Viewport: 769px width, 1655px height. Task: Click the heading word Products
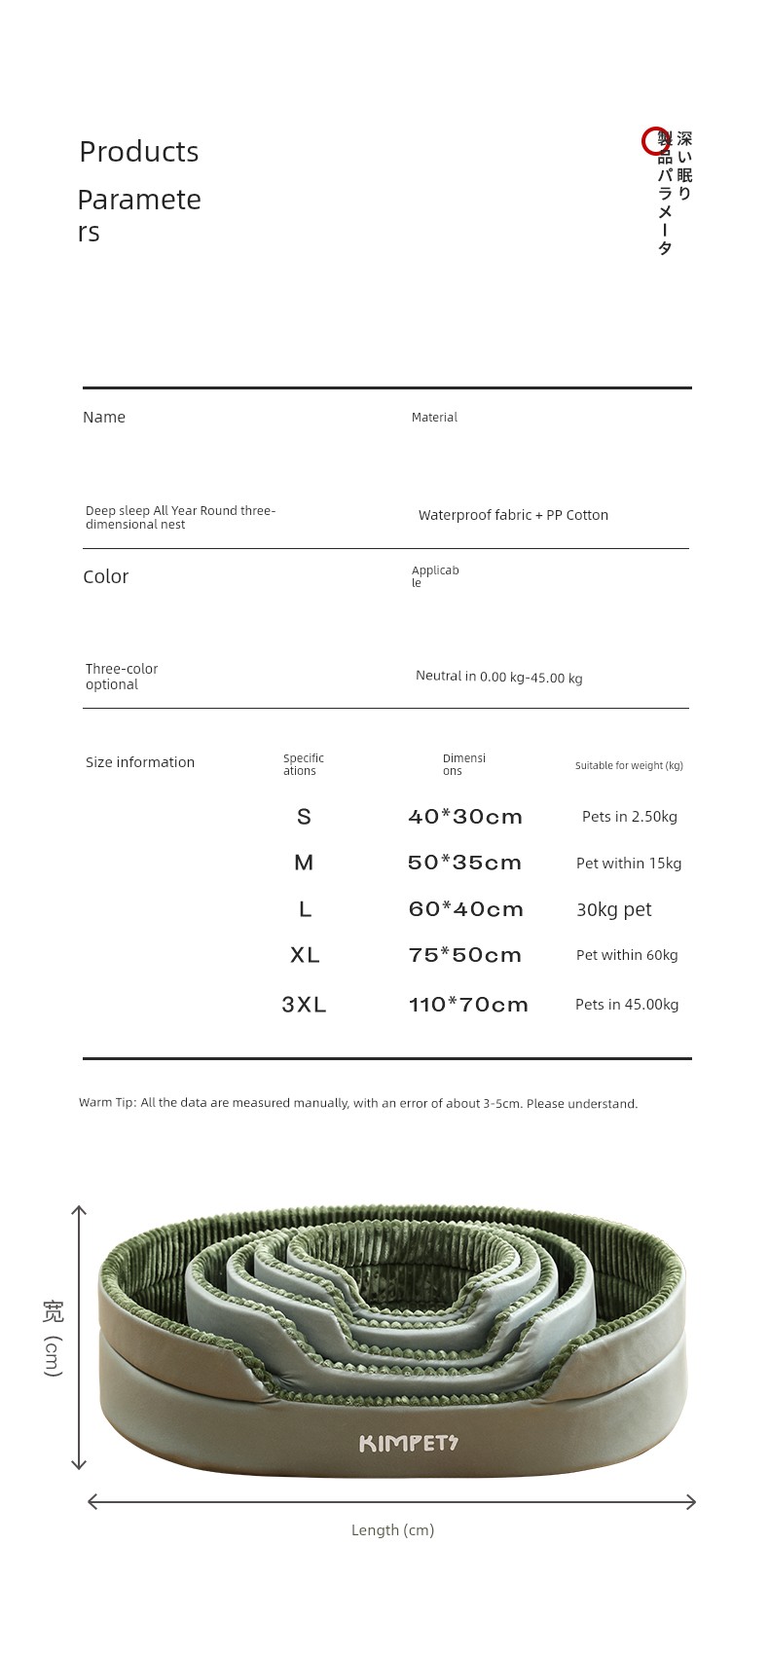click(138, 152)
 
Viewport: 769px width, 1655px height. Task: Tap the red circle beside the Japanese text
click(655, 142)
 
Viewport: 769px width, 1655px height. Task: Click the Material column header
click(434, 418)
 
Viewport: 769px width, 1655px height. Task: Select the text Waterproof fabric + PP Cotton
click(513, 515)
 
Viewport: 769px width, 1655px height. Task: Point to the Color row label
click(105, 576)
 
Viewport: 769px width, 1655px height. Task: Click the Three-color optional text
click(121, 677)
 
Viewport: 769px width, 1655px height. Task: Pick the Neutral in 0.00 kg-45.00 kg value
click(498, 677)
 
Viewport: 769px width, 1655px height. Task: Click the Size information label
click(140, 762)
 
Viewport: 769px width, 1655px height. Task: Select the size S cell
click(304, 817)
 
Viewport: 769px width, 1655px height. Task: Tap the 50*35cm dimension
click(465, 863)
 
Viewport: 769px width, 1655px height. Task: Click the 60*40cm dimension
click(466, 909)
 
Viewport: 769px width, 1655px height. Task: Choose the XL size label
click(305, 955)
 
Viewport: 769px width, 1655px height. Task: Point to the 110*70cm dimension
click(468, 1005)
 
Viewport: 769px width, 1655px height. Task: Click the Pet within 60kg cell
click(627, 955)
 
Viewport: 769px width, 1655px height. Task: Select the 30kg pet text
click(613, 909)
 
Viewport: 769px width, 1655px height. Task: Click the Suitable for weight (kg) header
click(629, 766)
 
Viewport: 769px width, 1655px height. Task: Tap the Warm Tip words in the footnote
click(107, 1103)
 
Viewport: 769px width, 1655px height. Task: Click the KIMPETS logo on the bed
click(408, 1443)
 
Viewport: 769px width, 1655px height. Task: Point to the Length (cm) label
click(392, 1530)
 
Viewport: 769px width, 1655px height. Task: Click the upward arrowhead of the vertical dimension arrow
click(79, 1211)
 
